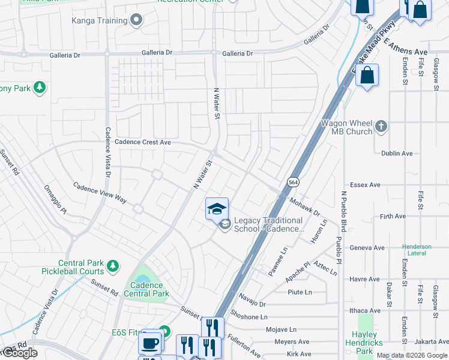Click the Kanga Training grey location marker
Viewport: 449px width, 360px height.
pos(137,21)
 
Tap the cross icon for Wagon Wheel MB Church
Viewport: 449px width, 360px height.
pos(381,126)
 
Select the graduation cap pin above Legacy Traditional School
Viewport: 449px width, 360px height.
pos(217,209)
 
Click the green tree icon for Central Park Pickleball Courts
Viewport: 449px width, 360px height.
pos(112,265)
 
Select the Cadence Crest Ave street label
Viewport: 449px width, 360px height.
pos(143,142)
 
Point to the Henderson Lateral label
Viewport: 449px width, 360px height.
pos(417,250)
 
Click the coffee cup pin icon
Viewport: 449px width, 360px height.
pos(149,343)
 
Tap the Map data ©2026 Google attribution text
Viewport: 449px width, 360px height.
pos(412,355)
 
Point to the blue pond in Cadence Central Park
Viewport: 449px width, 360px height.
pos(142,278)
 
